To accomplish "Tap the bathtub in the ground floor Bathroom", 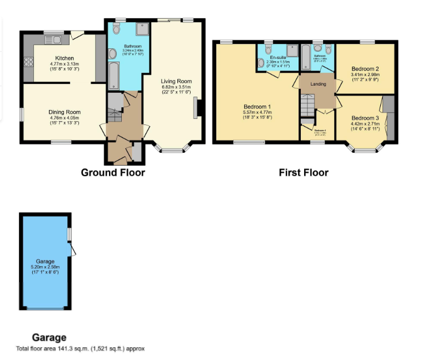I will tap(113, 76).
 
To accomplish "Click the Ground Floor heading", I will tap(113, 172).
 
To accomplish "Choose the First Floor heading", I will tap(304, 172).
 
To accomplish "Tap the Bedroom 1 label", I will tap(257, 107).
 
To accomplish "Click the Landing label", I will tap(318, 84).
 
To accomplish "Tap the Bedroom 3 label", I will tap(365, 118).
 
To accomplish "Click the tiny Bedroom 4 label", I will tap(320, 131).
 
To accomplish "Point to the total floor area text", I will tap(81, 349).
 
